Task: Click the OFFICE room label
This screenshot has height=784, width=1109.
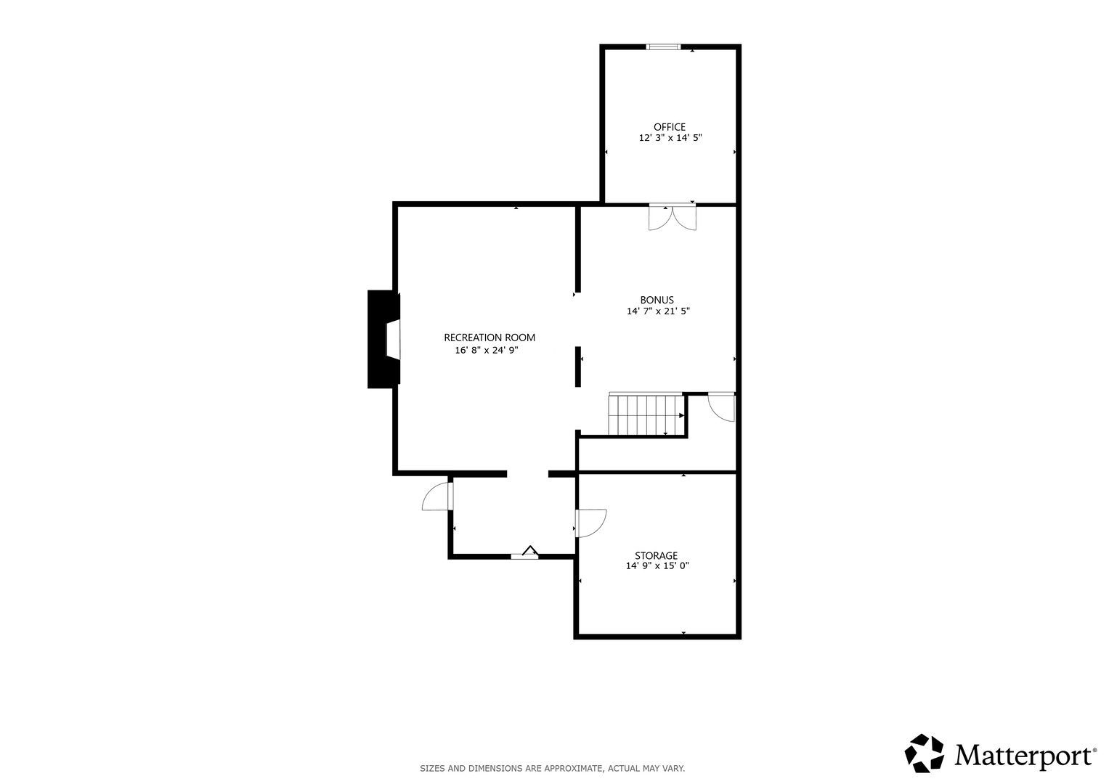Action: (670, 127)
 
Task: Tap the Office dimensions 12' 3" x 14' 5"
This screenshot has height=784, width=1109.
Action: (670, 138)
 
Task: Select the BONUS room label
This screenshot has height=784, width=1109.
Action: (657, 300)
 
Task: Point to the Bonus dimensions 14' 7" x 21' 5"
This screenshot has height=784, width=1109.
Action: (658, 311)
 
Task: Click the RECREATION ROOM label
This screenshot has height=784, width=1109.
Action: (489, 338)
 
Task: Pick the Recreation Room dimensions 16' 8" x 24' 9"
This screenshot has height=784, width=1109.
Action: (487, 351)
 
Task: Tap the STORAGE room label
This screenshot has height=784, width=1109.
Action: (656, 556)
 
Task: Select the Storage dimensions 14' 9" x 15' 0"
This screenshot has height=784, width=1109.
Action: (657, 565)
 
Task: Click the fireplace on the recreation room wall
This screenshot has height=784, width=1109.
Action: (383, 339)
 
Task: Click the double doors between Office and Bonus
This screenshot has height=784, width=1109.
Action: (673, 217)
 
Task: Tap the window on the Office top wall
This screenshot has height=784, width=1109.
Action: (663, 47)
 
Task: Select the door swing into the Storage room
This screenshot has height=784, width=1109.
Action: (590, 523)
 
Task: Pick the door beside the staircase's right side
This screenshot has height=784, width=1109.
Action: (722, 407)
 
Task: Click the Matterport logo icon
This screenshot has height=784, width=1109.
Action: (924, 754)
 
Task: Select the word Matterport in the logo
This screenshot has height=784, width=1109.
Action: (1023, 756)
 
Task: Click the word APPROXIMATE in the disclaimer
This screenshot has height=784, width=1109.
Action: (573, 769)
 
